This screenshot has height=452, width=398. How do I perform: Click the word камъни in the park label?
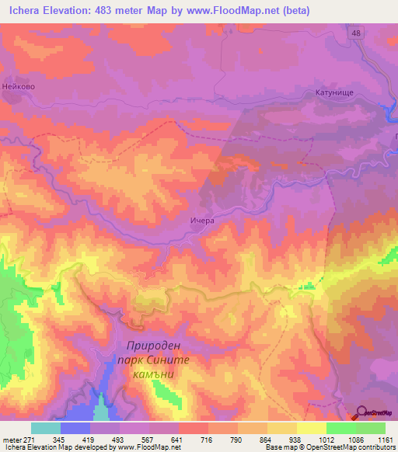(x=157, y=374)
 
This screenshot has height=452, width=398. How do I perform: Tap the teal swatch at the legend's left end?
(x=45, y=428)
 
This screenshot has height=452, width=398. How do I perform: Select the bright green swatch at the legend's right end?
(x=371, y=428)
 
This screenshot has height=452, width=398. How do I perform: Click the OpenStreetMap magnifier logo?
(x=360, y=412)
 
